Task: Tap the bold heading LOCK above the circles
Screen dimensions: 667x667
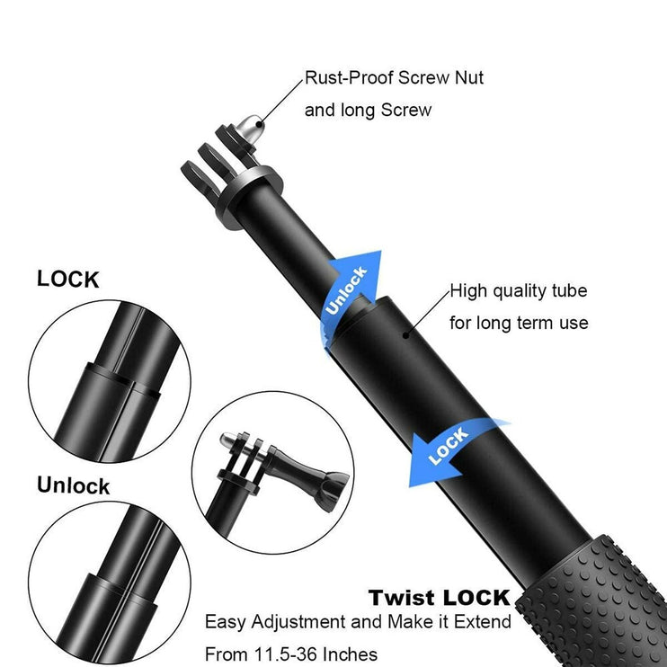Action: click(68, 280)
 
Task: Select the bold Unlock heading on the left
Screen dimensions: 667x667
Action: click(73, 486)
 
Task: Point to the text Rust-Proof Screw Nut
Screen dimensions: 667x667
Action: click(394, 78)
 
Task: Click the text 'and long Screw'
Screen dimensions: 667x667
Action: click(368, 111)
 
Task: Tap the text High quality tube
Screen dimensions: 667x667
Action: click(518, 291)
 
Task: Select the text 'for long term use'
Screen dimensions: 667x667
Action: click(519, 323)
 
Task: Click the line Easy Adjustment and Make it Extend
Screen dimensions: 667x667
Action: click(358, 622)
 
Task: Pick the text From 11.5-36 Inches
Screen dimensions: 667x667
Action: click(291, 654)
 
